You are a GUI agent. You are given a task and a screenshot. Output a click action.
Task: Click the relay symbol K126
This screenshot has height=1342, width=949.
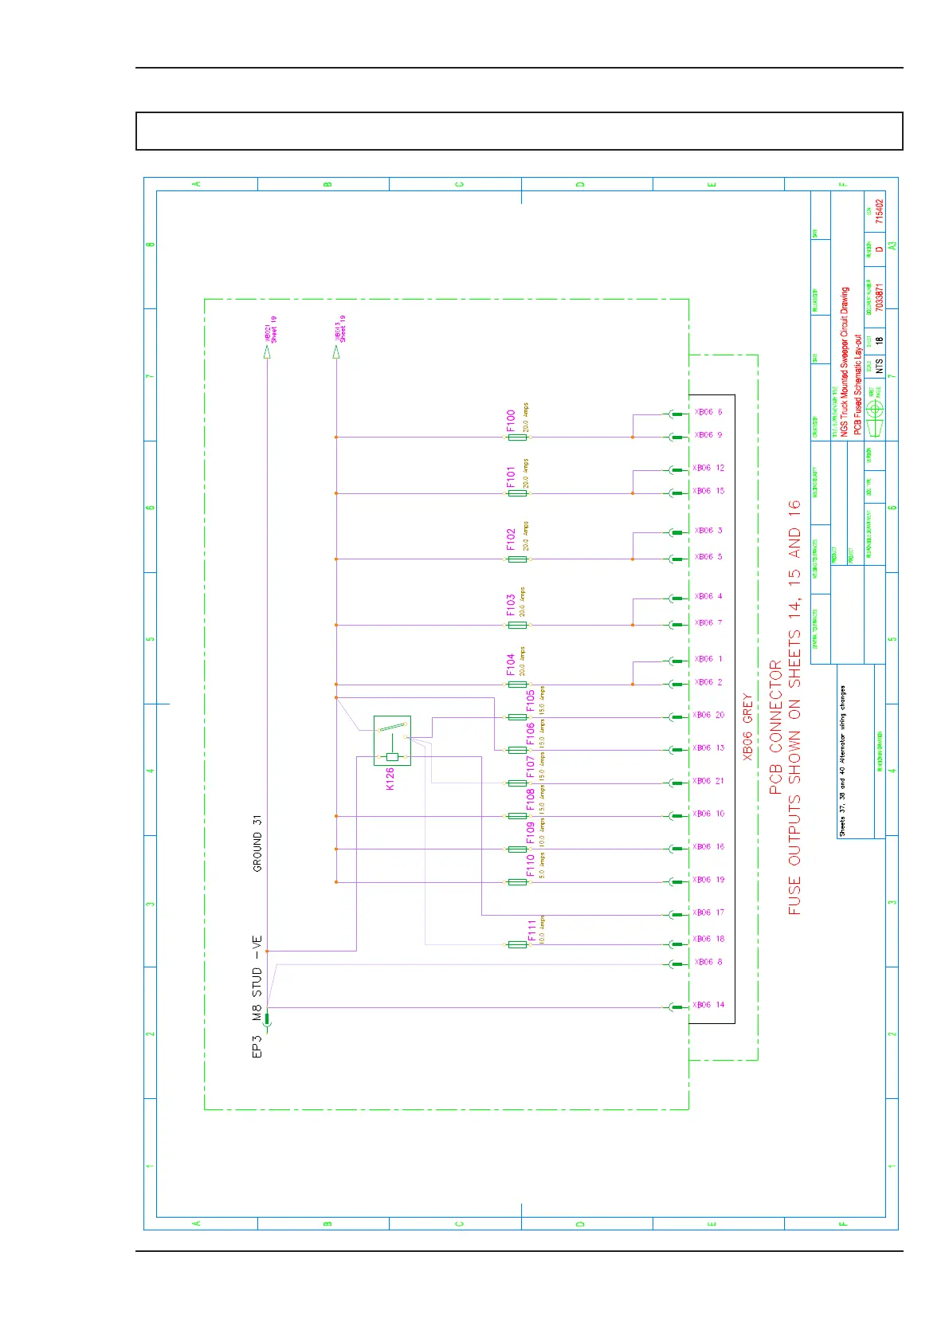tap(392, 740)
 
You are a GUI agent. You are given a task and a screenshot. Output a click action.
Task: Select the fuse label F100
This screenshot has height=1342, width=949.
tap(511, 421)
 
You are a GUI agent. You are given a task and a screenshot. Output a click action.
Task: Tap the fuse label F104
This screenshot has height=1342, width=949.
tap(511, 665)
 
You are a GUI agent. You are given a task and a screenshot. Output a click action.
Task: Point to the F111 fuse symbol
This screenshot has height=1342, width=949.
tap(517, 944)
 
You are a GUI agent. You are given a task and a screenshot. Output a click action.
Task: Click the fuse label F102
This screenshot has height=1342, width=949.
tap(511, 540)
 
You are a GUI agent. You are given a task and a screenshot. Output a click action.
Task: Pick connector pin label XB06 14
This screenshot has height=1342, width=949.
tap(708, 1005)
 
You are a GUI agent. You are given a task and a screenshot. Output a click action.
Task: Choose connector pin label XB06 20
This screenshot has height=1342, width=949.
tap(708, 715)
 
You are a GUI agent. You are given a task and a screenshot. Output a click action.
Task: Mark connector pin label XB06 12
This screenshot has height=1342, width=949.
tap(708, 468)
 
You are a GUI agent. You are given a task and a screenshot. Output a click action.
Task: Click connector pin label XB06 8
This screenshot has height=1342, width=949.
tap(708, 962)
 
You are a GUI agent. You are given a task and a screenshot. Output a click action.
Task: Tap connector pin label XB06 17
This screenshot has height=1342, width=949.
tap(708, 912)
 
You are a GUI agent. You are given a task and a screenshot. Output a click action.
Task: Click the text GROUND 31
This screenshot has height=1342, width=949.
tap(257, 843)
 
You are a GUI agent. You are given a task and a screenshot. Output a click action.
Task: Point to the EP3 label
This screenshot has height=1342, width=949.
tap(257, 1046)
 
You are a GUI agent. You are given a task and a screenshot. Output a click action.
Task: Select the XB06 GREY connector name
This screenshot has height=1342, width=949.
tap(747, 726)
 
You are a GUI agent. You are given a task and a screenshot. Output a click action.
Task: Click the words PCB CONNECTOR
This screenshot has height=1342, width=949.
tap(775, 727)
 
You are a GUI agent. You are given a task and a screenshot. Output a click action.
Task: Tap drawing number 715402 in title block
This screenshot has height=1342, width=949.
tap(879, 211)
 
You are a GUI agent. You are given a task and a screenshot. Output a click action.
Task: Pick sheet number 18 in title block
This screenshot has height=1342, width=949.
tap(879, 340)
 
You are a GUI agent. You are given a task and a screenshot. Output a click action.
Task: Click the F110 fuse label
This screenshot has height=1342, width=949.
tap(531, 865)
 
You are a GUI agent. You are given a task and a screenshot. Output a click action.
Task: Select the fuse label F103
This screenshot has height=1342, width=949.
tap(511, 606)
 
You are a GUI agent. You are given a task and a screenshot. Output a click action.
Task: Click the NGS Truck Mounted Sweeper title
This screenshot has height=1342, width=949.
tap(845, 362)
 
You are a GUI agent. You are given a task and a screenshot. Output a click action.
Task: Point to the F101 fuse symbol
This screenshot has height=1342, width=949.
tap(517, 493)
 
